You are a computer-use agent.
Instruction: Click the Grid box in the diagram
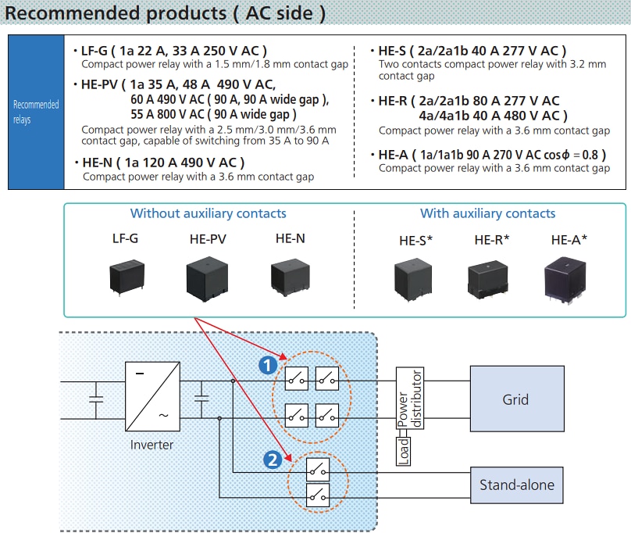coord(516,399)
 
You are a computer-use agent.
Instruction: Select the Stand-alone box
coord(516,485)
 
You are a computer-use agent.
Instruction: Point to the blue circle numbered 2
coord(273,460)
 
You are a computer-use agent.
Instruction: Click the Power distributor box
coord(409,399)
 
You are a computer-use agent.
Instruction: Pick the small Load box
coord(404,451)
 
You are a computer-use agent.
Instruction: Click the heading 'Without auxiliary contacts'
coord(208,213)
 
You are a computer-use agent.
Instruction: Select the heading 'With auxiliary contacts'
coord(487,213)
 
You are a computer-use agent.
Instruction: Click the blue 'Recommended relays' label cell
coord(36,112)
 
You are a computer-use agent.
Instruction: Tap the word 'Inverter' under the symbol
coord(152,445)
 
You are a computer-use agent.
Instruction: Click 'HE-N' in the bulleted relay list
coord(98,163)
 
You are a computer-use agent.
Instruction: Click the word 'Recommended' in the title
coord(70,13)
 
